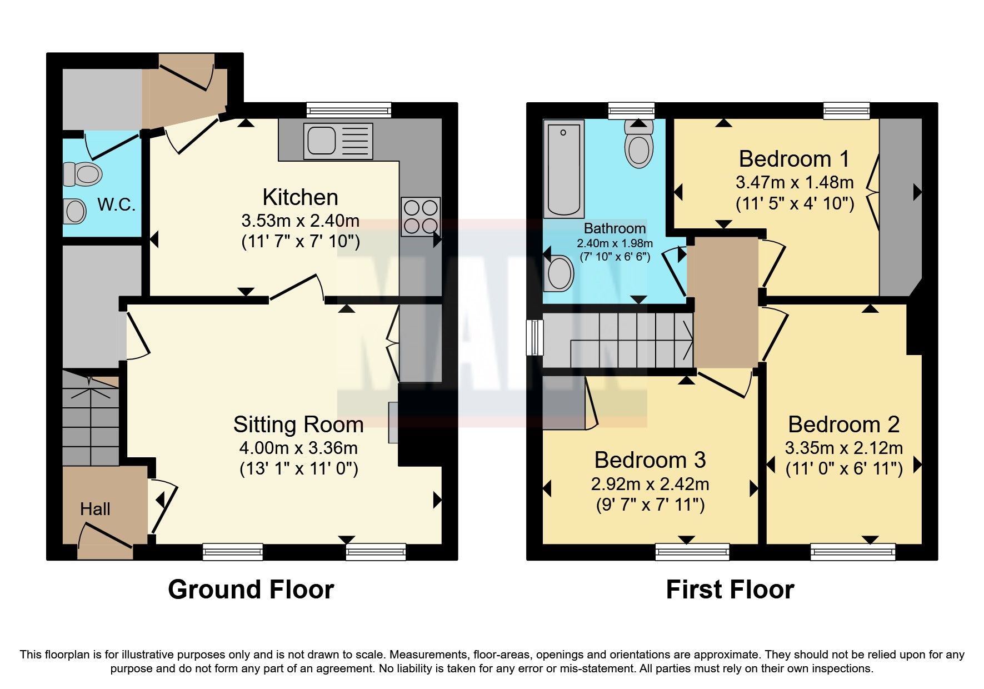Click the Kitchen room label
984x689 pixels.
click(x=300, y=197)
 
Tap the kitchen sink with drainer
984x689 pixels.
click(x=338, y=141)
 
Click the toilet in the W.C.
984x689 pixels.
click(x=82, y=174)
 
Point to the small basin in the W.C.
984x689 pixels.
click(x=74, y=211)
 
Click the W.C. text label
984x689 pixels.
click(x=117, y=204)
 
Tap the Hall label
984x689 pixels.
click(x=95, y=509)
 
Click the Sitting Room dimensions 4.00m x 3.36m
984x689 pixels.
click(x=298, y=447)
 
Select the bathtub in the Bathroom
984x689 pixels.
click(x=563, y=169)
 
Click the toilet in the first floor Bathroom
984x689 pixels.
click(x=639, y=146)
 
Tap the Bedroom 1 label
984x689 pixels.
click(x=794, y=159)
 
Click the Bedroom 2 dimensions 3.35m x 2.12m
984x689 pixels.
click(x=843, y=447)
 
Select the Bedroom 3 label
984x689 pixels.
click(x=650, y=460)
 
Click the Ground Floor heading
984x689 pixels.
click(x=251, y=590)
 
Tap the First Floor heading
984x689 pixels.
click(x=730, y=590)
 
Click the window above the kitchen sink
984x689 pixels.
click(x=349, y=110)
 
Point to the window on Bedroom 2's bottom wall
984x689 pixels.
click(x=853, y=552)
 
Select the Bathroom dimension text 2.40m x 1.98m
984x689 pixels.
click(x=615, y=243)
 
